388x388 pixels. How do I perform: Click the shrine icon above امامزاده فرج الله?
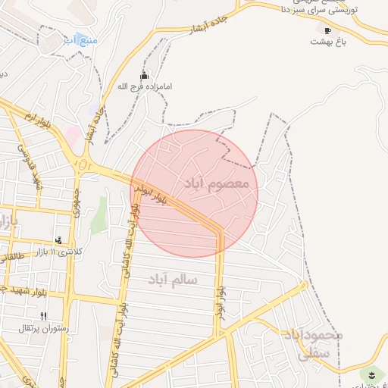coord(145,76)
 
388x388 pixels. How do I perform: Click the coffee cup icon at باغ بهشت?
coord(327,30)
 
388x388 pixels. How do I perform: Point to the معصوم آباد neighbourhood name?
coord(221,184)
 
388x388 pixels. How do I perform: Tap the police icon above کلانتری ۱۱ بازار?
coord(59,240)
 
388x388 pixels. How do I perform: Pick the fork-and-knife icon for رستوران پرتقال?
coord(43,316)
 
